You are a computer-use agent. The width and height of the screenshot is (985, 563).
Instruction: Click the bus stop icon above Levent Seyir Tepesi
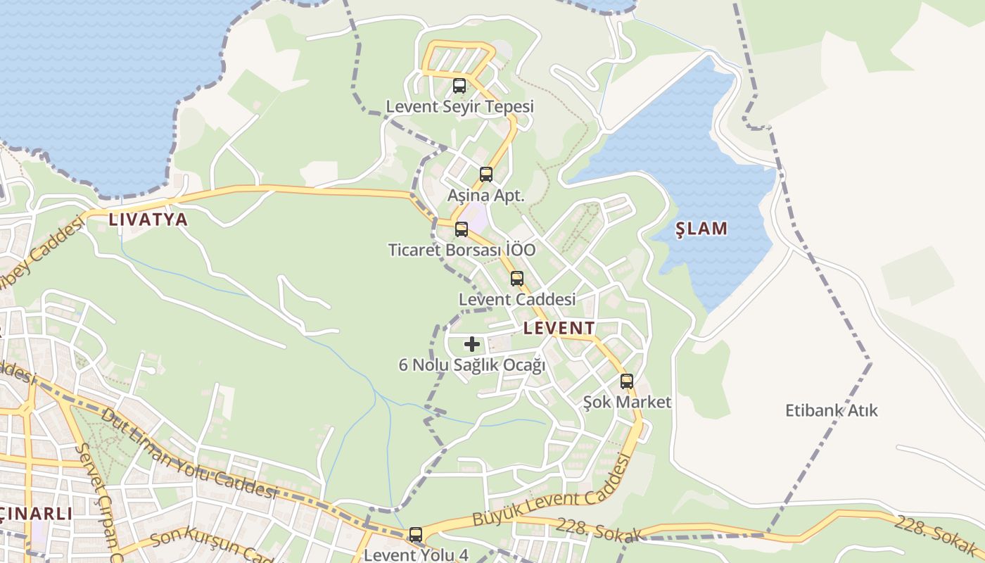459,86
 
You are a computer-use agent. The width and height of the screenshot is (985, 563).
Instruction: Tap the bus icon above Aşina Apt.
486,175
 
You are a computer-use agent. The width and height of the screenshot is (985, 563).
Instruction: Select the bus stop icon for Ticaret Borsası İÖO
462,229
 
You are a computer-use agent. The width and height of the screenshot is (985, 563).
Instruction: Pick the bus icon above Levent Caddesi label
517,279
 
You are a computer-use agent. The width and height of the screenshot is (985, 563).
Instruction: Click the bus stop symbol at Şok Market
627,381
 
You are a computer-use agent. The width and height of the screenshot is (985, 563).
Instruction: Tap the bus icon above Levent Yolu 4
416,535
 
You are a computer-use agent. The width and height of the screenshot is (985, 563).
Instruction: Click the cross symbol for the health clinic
472,344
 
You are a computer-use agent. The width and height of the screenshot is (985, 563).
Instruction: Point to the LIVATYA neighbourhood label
148,220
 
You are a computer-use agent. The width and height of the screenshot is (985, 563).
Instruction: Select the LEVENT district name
559,328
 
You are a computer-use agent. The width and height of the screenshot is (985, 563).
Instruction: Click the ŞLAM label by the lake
701,229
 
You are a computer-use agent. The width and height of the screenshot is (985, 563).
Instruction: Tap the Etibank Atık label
832,410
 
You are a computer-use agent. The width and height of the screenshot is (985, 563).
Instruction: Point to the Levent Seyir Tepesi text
459,107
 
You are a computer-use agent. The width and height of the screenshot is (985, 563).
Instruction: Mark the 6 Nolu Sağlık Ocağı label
472,365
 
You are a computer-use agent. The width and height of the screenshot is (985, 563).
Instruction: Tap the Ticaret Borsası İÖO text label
462,251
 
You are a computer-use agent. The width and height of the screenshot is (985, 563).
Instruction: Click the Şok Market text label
627,403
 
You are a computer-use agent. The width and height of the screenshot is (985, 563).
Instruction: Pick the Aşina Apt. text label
486,196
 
